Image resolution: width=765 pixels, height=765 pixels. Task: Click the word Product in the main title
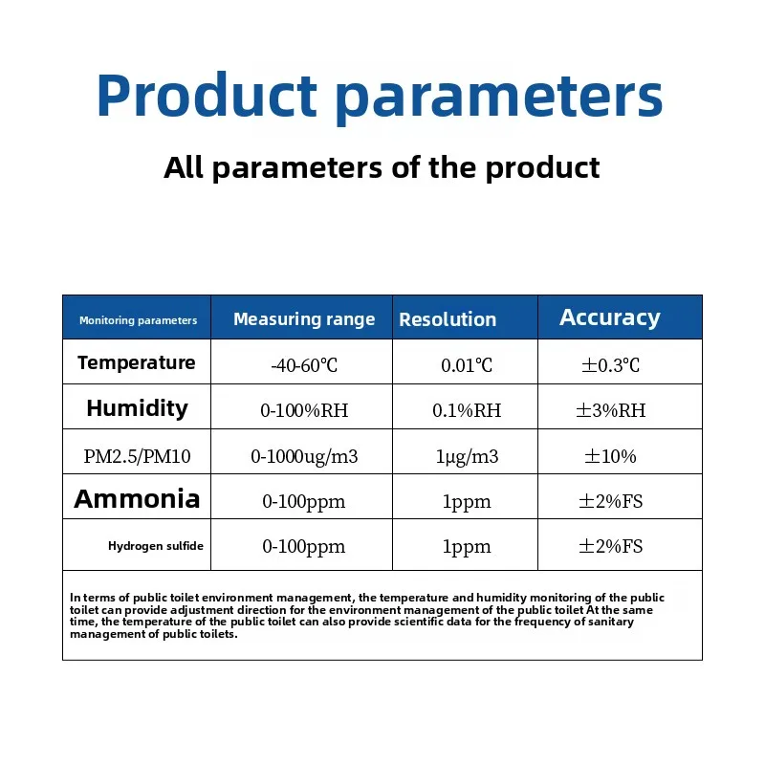click(206, 96)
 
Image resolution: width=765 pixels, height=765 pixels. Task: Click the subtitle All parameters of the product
click(382, 167)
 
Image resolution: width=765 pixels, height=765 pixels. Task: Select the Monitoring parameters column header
click(138, 320)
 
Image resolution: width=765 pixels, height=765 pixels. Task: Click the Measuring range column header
click(304, 319)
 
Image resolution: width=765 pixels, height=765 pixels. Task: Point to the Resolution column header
click(448, 319)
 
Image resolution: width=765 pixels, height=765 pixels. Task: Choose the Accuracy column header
click(610, 317)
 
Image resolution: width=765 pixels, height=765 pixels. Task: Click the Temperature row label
click(137, 362)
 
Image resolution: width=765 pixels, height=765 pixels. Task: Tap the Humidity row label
click(137, 408)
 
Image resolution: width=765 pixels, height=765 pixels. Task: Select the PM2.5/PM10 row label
click(137, 456)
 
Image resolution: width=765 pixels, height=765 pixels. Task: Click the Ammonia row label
click(137, 498)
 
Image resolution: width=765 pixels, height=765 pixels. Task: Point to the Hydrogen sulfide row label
click(155, 546)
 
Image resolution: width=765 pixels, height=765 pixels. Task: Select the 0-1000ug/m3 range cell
click(304, 456)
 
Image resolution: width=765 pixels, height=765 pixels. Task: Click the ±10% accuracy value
click(610, 456)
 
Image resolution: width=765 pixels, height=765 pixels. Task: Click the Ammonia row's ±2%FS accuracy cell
click(610, 501)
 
